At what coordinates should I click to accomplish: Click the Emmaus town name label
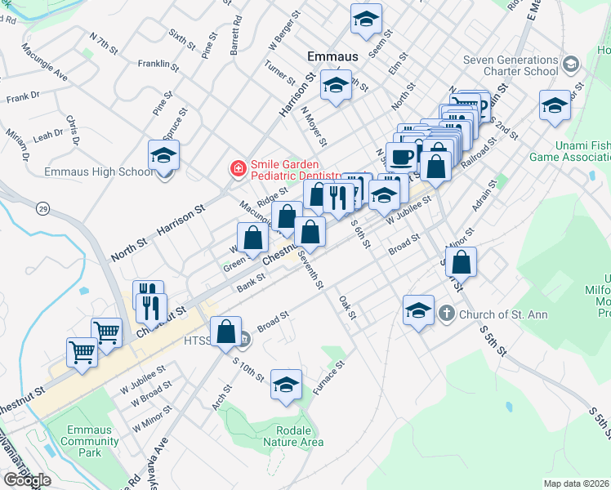point(332,57)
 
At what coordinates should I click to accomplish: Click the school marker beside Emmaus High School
point(163,154)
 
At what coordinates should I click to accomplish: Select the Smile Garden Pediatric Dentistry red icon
point(238,169)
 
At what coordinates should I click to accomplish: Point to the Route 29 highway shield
point(42,209)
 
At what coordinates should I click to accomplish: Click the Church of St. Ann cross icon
point(447,313)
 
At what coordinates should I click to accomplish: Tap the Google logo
point(27,480)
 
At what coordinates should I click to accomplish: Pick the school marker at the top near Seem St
point(366,18)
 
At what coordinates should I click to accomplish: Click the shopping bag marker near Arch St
point(226,332)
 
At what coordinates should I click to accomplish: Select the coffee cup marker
point(400,156)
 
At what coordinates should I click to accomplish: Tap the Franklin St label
point(158,63)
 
